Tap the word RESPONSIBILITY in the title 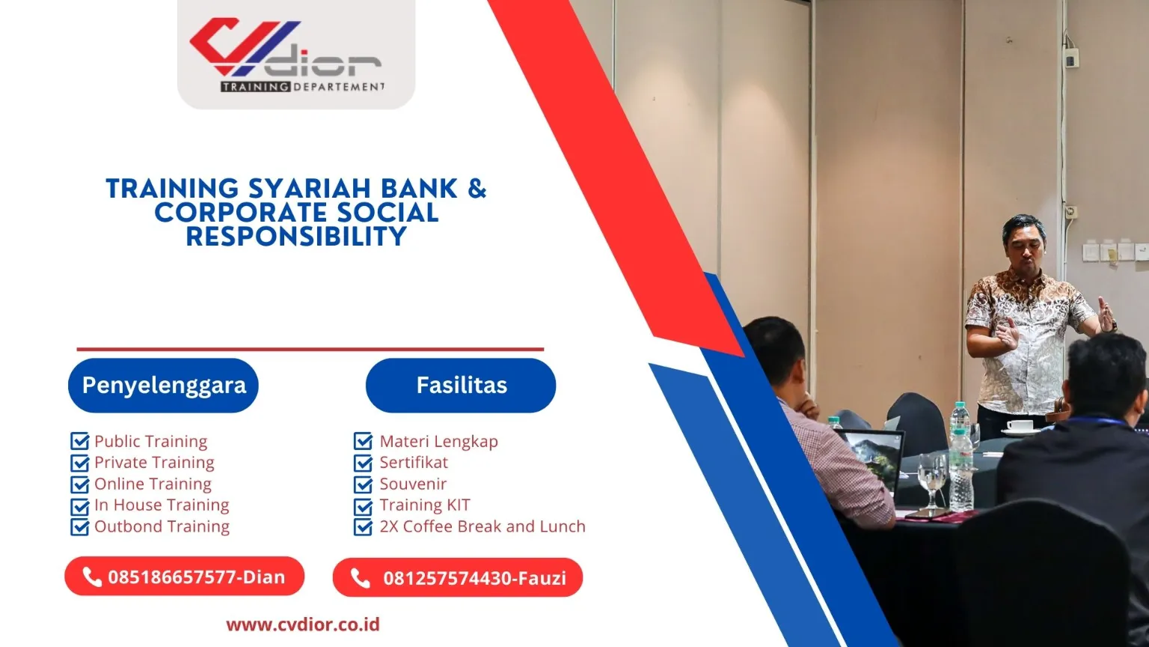click(296, 237)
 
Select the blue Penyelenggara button click(163, 386)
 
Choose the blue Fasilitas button click(461, 386)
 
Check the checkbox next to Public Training click(79, 442)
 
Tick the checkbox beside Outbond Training click(79, 527)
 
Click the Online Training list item click(153, 485)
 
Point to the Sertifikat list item click(414, 463)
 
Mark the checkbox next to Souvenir click(364, 485)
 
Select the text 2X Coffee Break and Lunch click(482, 526)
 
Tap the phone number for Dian click(196, 577)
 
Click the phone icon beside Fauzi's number click(361, 578)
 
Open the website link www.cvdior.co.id click(303, 625)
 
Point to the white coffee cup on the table click(1019, 426)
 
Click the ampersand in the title click(477, 189)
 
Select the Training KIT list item click(424, 505)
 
